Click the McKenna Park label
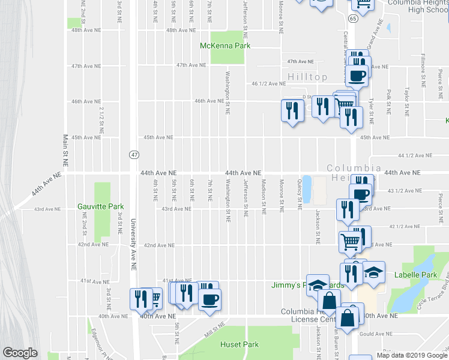click(224, 46)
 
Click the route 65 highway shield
click(352, 19)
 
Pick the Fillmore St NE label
click(423, 67)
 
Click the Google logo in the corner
click(20, 353)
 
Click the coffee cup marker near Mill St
click(209, 299)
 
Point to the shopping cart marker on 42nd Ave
click(350, 242)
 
